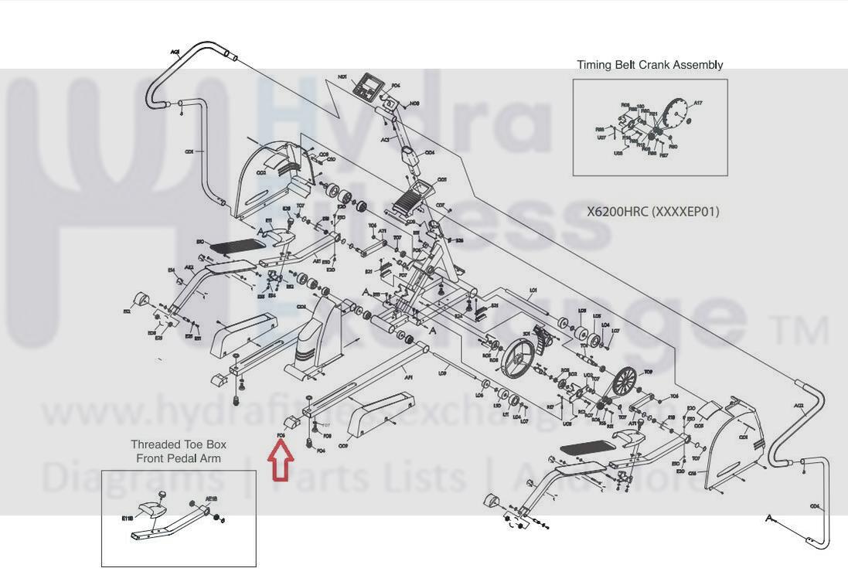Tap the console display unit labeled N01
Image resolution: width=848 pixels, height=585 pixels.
(x=369, y=87)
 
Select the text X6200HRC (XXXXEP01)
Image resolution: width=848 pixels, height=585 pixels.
(x=652, y=211)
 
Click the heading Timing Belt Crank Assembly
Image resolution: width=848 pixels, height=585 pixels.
(x=649, y=65)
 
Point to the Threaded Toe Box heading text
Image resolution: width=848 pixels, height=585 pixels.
(x=179, y=444)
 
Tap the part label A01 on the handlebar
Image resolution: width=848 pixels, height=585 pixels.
(x=175, y=53)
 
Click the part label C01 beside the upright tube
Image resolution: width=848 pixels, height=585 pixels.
(x=189, y=151)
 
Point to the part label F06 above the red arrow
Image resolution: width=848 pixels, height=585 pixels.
(x=281, y=436)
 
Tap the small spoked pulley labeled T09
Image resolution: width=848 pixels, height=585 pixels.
(x=625, y=380)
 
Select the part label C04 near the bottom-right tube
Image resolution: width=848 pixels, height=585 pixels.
(x=815, y=507)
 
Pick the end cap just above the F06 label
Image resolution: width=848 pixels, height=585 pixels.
(x=293, y=422)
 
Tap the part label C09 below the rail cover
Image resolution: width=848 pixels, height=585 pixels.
(x=343, y=446)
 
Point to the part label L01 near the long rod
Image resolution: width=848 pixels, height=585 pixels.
(x=533, y=291)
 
